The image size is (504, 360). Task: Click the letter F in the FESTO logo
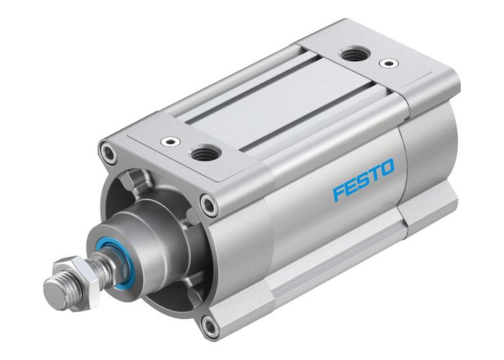[340, 193]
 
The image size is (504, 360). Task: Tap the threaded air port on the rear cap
[352, 53]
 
